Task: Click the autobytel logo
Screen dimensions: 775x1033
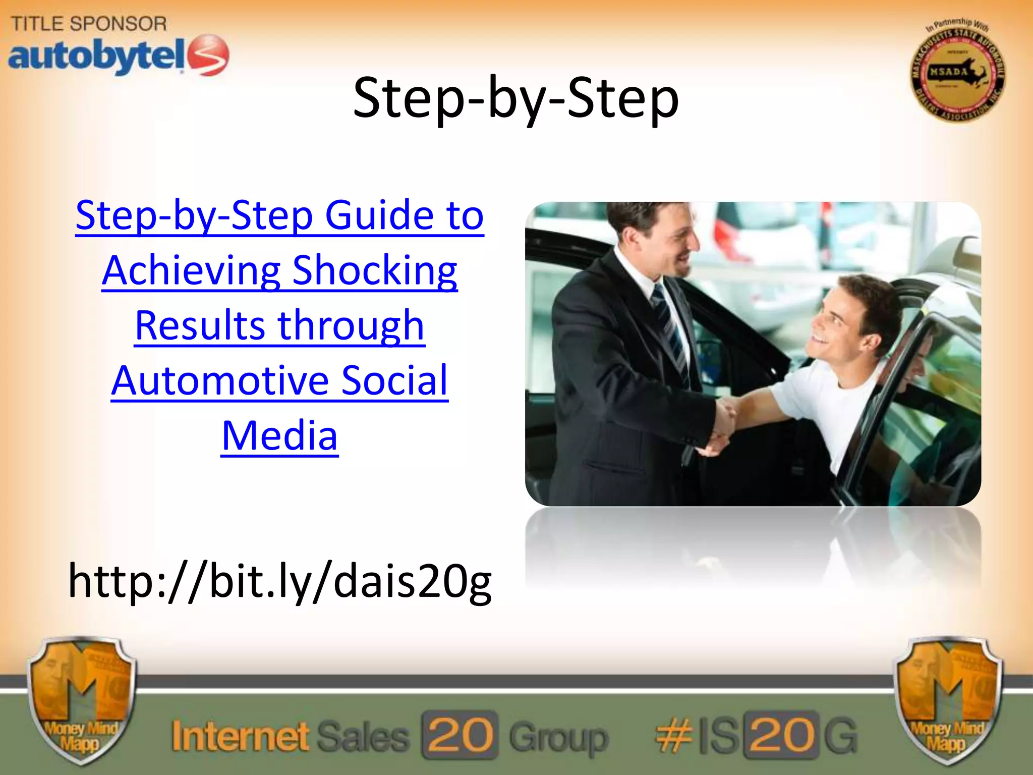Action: (x=119, y=56)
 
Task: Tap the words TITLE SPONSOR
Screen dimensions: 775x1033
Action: (x=89, y=23)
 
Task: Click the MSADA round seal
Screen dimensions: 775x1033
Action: (x=957, y=72)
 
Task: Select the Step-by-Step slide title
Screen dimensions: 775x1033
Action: (x=515, y=98)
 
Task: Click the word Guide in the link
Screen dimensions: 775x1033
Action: (x=379, y=215)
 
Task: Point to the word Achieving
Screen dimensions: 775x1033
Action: (x=191, y=271)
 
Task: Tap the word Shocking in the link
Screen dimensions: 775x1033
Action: (x=374, y=271)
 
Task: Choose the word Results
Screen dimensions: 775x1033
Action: (x=200, y=326)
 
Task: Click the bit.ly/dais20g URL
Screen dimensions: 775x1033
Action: (x=280, y=581)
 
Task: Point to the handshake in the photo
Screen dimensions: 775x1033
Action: (x=721, y=424)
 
